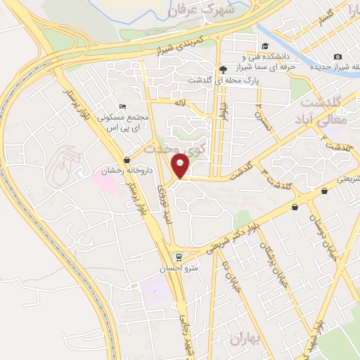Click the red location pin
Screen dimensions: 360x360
click(x=181, y=165)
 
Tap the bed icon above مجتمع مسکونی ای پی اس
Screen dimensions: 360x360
click(x=124, y=105)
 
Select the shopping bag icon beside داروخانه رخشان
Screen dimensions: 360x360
click(x=126, y=159)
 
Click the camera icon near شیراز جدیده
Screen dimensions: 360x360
click(x=338, y=56)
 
